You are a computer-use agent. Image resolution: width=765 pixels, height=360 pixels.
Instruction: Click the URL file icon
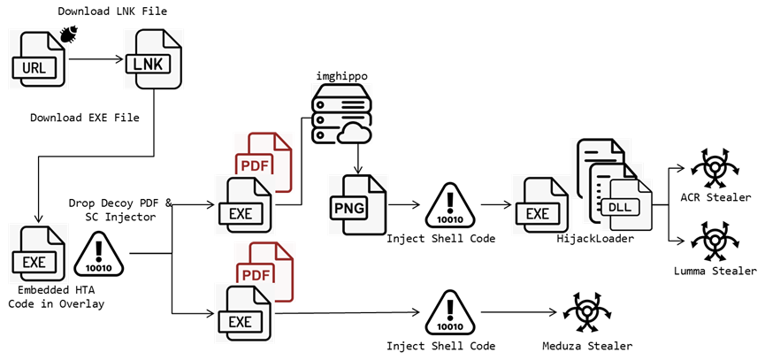tap(38, 58)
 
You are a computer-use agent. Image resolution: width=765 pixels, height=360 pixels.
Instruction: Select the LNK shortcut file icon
tap(153, 58)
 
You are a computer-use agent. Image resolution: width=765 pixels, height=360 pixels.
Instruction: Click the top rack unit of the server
tap(340, 94)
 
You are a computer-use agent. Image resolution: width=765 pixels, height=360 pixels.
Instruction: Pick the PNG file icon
tap(357, 204)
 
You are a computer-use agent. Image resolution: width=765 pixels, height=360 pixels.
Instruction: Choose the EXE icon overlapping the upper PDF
tap(244, 205)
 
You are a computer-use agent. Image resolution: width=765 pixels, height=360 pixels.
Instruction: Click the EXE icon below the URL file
tap(38, 254)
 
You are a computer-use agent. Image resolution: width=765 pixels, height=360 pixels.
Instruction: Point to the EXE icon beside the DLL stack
tap(541, 205)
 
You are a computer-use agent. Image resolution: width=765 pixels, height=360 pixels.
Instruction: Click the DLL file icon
tap(628, 206)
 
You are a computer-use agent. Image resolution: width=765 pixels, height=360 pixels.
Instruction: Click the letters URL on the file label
tap(34, 67)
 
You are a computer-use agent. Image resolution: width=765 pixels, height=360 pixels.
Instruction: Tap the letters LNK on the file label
tap(147, 64)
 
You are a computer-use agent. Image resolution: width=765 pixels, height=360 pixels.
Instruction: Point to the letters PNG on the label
tap(348, 208)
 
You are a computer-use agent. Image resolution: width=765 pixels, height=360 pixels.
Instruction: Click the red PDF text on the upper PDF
tap(254, 164)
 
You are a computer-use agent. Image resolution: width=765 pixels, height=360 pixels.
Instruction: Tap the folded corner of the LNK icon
tap(174, 40)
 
